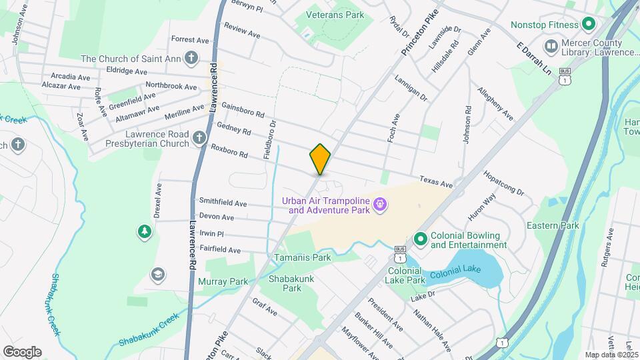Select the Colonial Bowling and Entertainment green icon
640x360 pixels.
pos(421,239)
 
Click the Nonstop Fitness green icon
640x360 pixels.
pos(588,25)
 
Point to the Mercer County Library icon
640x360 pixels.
pos(551,46)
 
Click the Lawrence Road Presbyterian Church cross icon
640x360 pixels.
pos(199,138)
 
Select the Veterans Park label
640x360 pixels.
pos(335,15)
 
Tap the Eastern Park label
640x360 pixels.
pos(552,226)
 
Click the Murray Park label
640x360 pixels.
pos(223,281)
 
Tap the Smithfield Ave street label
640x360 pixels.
pos(223,203)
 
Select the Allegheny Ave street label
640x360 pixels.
pos(495,104)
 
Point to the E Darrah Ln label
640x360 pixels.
pos(535,59)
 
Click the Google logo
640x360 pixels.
pos(22,352)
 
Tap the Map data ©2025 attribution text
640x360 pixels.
pos(609,355)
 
